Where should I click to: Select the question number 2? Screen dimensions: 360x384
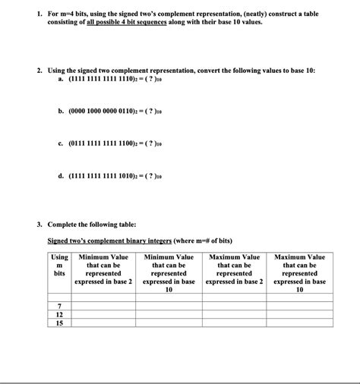39,70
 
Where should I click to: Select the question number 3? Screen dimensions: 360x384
39,225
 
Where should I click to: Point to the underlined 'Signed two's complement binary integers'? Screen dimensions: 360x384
109,241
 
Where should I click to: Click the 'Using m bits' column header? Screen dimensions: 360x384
59,265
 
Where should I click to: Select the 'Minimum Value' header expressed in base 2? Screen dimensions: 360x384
104,269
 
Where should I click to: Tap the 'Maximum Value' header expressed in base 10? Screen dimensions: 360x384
299,273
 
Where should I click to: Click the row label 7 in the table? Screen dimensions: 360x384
59,305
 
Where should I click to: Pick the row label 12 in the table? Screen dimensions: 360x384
59,313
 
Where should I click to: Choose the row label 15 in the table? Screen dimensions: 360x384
59,323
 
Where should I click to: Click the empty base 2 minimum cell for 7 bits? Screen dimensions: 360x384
104,305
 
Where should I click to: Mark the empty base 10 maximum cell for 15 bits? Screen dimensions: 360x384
299,323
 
